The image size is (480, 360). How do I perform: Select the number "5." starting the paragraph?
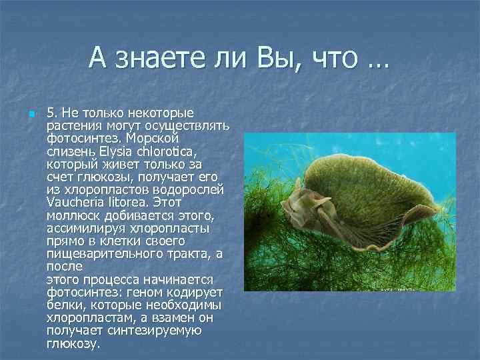[53, 113]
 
